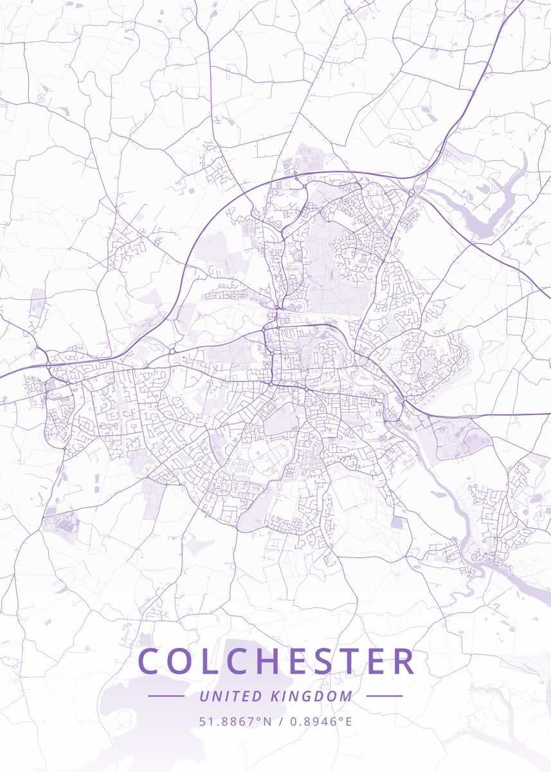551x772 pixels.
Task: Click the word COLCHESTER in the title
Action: coord(276,661)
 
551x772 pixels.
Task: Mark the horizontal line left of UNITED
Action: coord(166,696)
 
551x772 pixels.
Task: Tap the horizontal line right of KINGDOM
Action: coord(384,696)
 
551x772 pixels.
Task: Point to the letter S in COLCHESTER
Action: coord(327,661)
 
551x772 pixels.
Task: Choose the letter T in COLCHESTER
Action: coord(354,661)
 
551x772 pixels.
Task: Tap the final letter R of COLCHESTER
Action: coord(404,661)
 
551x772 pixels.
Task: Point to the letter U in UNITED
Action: coord(203,696)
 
